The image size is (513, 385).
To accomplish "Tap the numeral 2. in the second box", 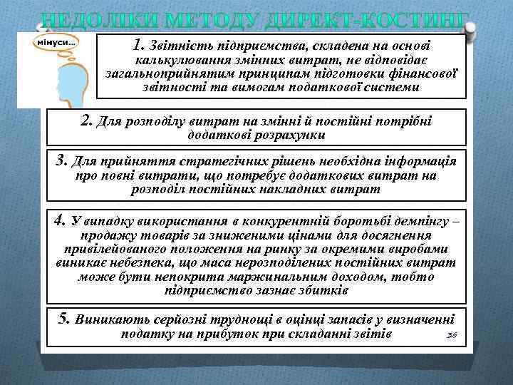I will [86, 120].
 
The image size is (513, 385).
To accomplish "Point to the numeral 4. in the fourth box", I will [61, 220].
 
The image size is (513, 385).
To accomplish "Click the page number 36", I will [450, 336].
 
